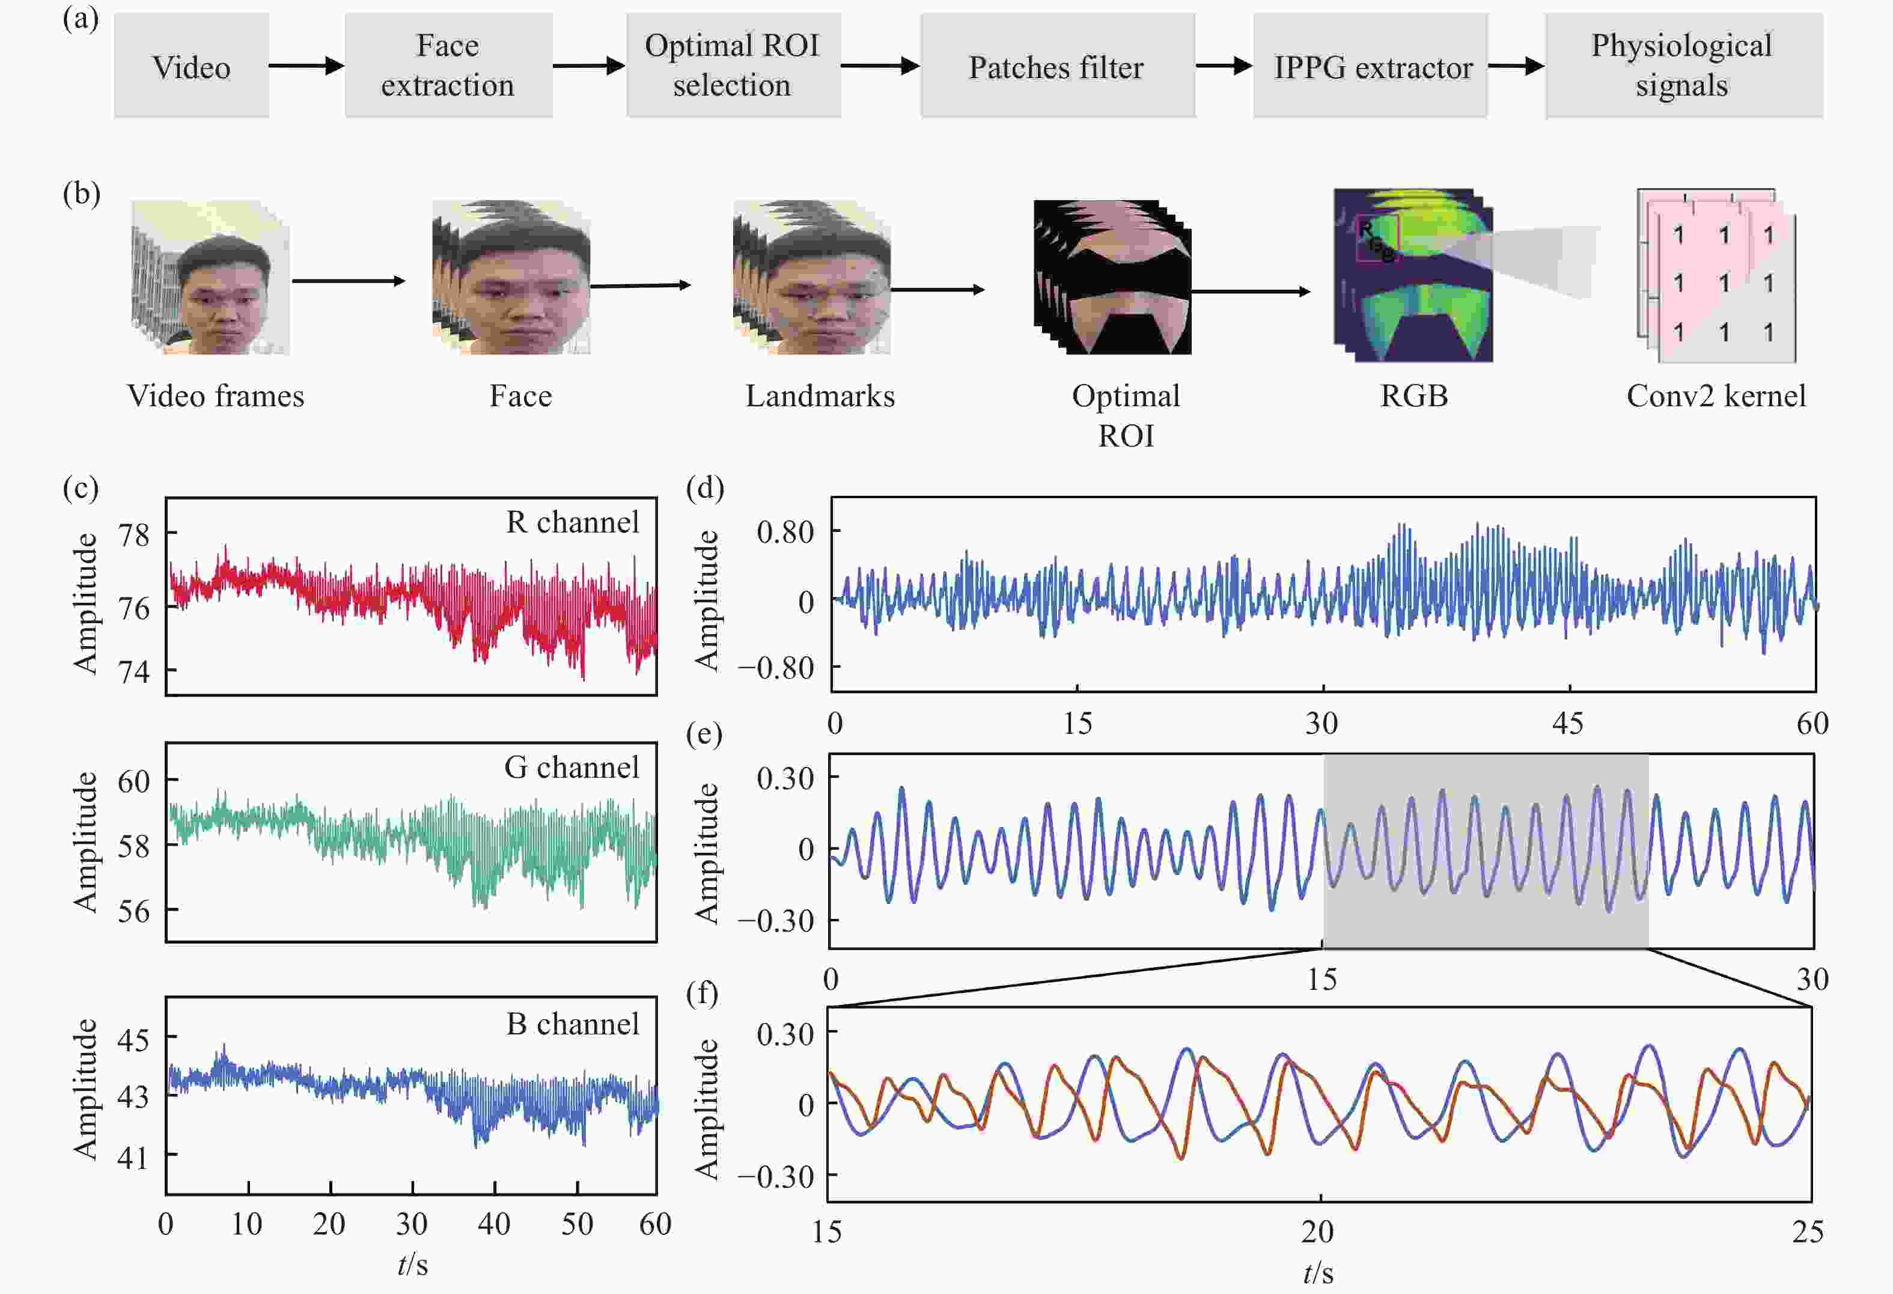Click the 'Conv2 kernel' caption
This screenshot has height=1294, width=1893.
tap(1716, 396)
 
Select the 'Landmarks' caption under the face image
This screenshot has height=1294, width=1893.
tap(820, 396)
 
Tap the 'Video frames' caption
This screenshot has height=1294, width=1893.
tap(216, 396)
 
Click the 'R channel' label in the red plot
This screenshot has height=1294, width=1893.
tap(573, 522)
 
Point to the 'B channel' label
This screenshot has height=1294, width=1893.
tap(573, 1024)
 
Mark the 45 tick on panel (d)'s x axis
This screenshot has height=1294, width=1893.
tap(1567, 724)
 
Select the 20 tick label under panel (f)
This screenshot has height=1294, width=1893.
tap(1317, 1231)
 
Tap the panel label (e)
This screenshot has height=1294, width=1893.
tap(704, 735)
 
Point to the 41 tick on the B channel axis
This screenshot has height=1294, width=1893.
tap(133, 1157)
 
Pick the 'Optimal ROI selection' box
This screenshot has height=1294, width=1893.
tap(733, 65)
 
